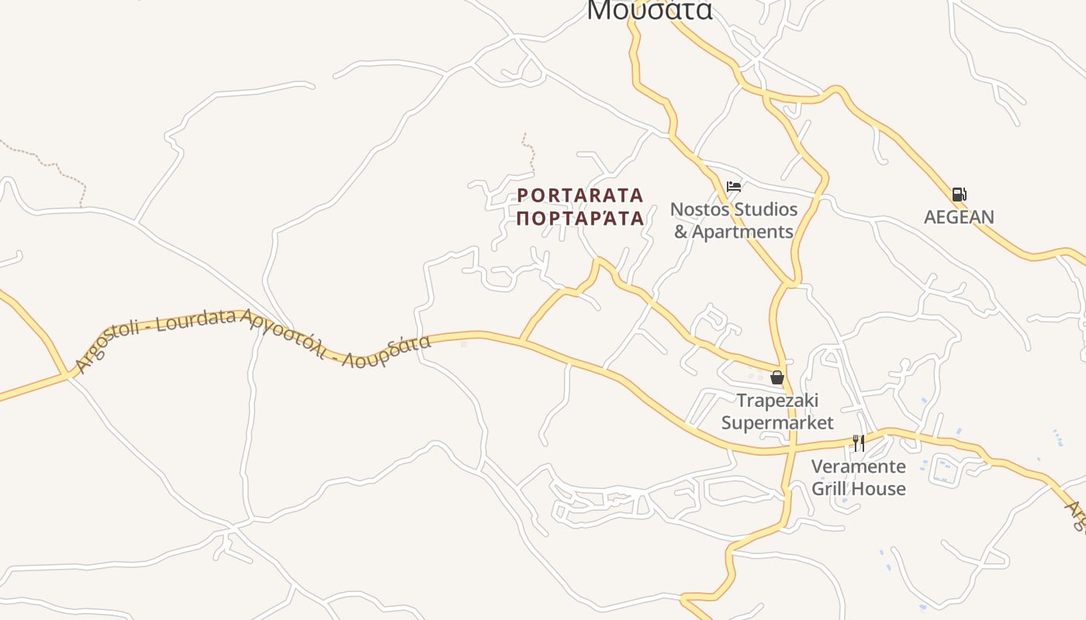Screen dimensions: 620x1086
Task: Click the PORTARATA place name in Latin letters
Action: point(580,195)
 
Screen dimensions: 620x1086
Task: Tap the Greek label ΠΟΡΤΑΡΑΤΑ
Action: point(580,219)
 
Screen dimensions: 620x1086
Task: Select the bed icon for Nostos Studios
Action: point(734,187)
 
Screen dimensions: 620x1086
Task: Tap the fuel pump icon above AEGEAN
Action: point(959,195)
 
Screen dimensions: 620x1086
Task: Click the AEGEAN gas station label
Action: point(959,217)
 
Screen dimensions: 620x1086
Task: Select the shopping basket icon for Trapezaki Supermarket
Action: point(776,377)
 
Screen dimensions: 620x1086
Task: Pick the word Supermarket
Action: point(777,422)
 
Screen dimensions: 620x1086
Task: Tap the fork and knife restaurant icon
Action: point(858,443)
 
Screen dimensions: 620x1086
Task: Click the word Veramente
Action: point(858,467)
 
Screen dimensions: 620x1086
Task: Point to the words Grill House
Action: point(858,489)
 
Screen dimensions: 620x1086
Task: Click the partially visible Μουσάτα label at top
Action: point(648,9)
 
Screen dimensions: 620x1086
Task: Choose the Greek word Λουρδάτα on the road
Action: point(388,351)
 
